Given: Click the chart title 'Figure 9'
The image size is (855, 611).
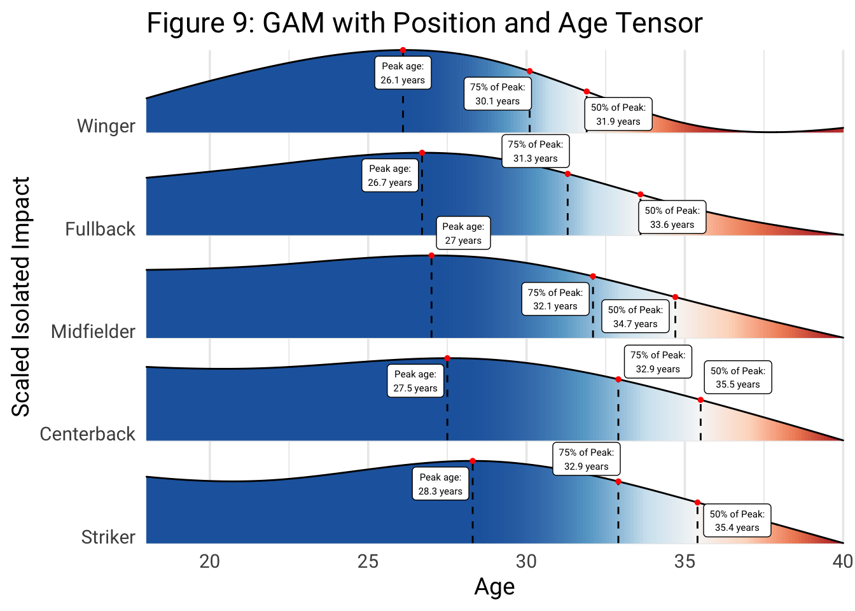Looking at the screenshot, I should [x=424, y=23].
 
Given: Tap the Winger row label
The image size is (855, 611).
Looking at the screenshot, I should [x=106, y=126].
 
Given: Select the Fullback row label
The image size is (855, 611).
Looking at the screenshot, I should [x=100, y=229].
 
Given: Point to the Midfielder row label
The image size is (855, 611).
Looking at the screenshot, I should [x=93, y=332].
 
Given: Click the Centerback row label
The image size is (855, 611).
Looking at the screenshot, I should [x=87, y=434].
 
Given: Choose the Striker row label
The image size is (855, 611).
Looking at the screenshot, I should [x=108, y=537].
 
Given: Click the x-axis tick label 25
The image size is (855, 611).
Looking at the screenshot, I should [x=368, y=561].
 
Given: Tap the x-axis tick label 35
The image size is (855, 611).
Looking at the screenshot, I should [x=685, y=561].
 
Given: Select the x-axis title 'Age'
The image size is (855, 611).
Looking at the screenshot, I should [x=494, y=587].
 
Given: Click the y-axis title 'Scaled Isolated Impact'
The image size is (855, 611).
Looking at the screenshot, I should [x=21, y=297].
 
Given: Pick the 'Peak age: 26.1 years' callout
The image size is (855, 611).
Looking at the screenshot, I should [x=403, y=73].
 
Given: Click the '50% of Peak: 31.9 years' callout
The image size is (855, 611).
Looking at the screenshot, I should [x=618, y=115].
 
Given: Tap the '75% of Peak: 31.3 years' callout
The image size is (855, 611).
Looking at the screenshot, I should [x=535, y=151].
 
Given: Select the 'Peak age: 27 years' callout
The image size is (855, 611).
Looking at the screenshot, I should [x=463, y=234].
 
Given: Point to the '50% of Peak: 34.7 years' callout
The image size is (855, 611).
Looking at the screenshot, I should [x=635, y=317].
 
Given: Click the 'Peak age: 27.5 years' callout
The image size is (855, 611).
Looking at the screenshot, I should [x=415, y=381].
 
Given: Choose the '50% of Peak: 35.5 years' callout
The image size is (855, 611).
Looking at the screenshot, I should [x=737, y=377].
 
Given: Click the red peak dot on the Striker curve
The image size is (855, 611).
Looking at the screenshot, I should [x=473, y=461].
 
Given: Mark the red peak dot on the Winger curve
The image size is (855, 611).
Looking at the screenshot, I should [x=403, y=50].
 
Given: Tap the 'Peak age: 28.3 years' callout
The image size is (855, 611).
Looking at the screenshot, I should [x=440, y=484].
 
